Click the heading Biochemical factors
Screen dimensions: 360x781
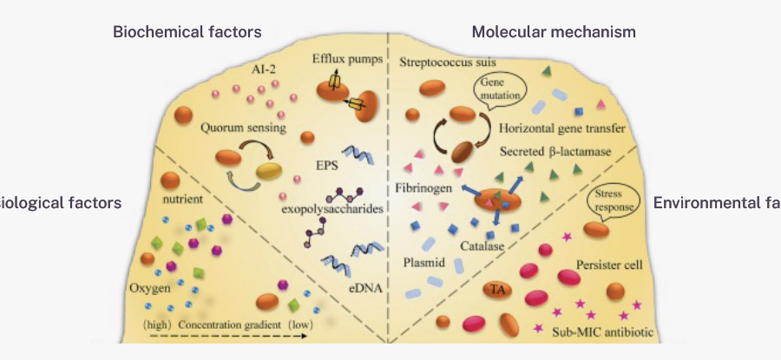tap(187, 32)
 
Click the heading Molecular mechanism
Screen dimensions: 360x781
tap(554, 32)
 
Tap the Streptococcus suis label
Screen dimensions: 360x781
tap(452, 62)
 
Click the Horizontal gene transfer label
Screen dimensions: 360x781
tap(563, 129)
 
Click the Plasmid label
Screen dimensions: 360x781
tap(424, 260)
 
